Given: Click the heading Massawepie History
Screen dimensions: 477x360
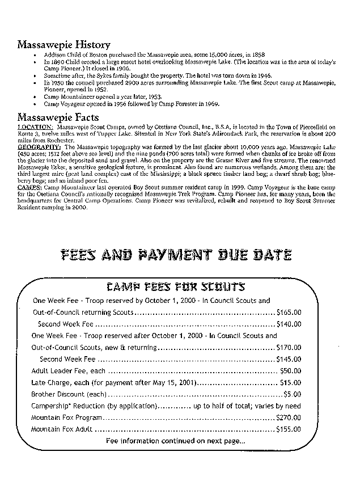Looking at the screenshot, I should click(x=63, y=44).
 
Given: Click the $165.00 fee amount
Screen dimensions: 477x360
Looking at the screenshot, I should click(x=289, y=312).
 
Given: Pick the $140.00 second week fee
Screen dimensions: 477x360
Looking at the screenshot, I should click(x=289, y=324).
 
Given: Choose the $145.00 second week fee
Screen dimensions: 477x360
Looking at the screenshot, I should click(x=289, y=359).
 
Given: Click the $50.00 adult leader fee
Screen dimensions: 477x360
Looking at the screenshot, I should click(x=290, y=371).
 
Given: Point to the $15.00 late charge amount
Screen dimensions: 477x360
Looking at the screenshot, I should click(x=290, y=383).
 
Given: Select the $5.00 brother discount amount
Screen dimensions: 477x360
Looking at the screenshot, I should click(x=292, y=394).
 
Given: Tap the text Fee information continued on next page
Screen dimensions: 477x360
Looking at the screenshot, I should click(x=176, y=441).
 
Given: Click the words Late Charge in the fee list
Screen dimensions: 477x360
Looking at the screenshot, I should click(x=52, y=383).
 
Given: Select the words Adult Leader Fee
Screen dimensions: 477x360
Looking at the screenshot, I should click(x=60, y=371).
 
